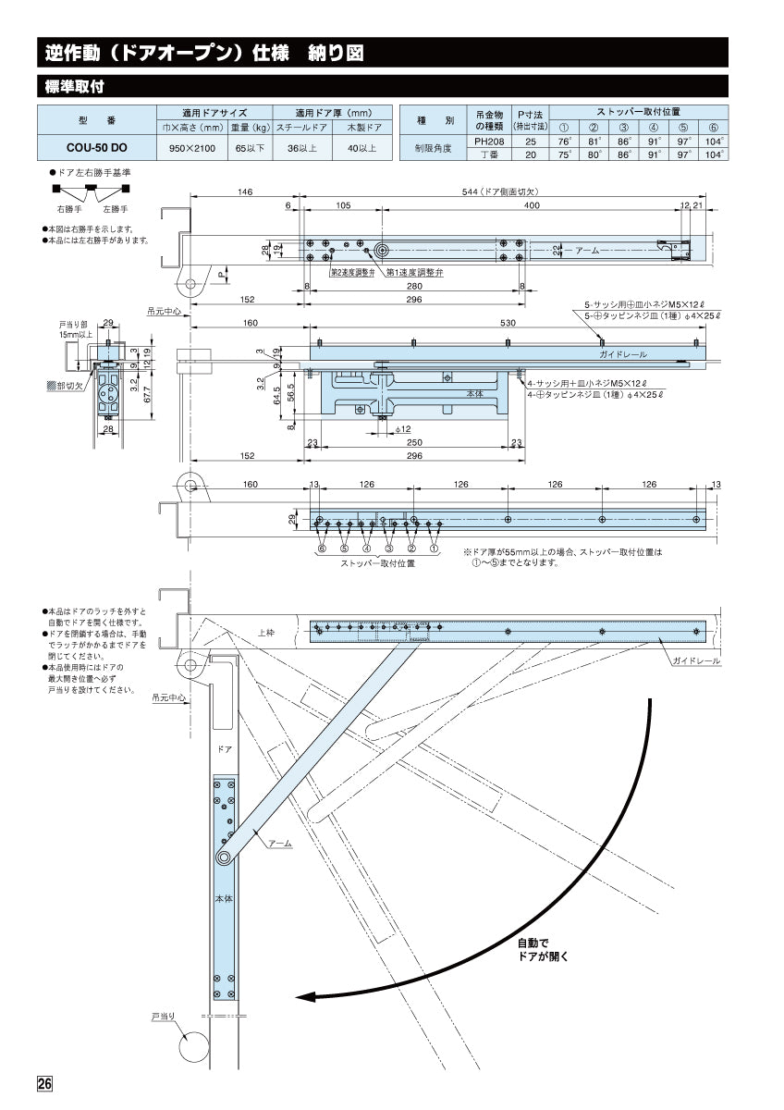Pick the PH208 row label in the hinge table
488,142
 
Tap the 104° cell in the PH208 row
713,142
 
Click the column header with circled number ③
624,128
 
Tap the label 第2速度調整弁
352,274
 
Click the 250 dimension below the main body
413,443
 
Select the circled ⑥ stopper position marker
322,548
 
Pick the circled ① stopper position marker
433,548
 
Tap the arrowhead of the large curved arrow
305,996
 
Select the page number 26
45,1084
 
